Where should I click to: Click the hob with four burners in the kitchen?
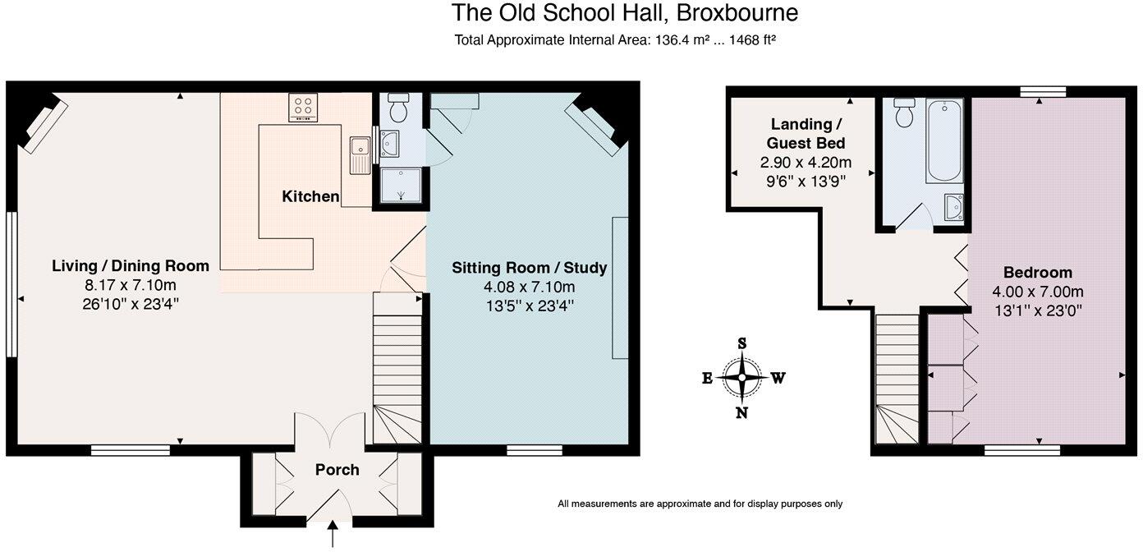pyautogui.click(x=303, y=108)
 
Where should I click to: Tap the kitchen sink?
pyautogui.click(x=360, y=155)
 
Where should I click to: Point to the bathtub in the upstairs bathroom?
pyautogui.click(x=944, y=140)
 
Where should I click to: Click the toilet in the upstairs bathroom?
pyautogui.click(x=905, y=113)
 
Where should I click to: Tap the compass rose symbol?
pyautogui.click(x=742, y=379)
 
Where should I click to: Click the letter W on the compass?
pyautogui.click(x=778, y=379)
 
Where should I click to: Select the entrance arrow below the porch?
pyautogui.click(x=333, y=536)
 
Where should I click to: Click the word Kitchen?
pyautogui.click(x=310, y=196)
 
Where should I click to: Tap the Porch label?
pyautogui.click(x=337, y=470)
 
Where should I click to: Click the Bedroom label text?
pyautogui.click(x=1037, y=273)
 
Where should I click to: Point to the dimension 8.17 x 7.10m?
pyautogui.click(x=131, y=285)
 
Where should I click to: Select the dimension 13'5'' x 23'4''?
pyautogui.click(x=529, y=305)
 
